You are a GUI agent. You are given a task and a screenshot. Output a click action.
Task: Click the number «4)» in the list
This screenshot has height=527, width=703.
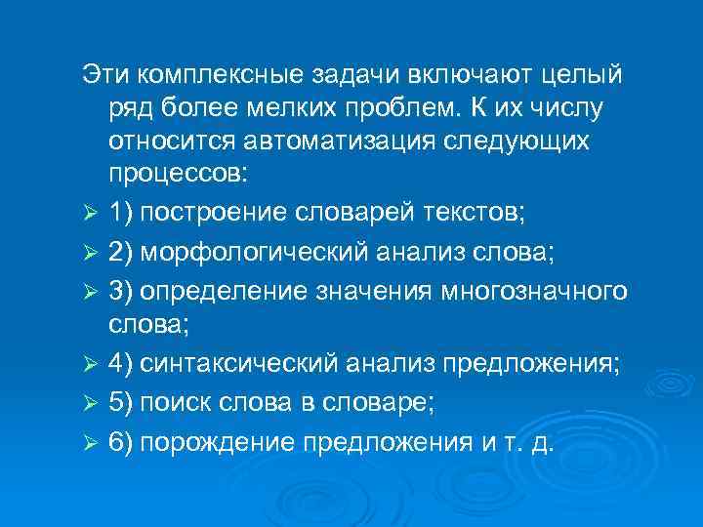click(x=121, y=364)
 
